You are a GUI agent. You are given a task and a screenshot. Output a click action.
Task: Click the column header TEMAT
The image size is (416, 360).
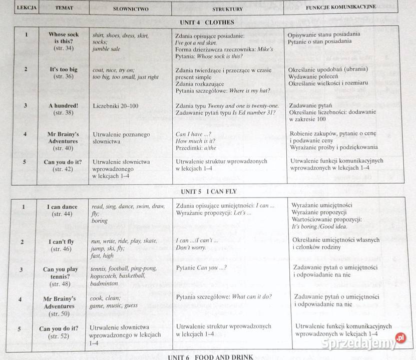[x=64, y=8]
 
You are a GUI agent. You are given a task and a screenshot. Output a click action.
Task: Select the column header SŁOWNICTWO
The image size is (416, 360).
[x=130, y=9]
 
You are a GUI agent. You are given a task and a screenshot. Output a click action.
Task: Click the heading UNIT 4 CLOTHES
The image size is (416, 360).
[x=207, y=22]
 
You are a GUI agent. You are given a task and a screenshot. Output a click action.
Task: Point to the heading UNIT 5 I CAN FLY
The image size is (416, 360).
[x=209, y=191]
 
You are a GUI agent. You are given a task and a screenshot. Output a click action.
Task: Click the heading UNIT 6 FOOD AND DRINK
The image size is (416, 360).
[x=210, y=356]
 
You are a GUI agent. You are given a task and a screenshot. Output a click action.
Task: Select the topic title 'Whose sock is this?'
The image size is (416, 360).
[x=64, y=38]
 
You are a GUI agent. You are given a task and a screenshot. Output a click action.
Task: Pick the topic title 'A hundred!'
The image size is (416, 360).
[x=64, y=106]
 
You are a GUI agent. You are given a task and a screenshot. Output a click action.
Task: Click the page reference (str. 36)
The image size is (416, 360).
[x=64, y=76]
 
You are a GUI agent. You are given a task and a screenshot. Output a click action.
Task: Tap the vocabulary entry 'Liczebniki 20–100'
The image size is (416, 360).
[x=116, y=106]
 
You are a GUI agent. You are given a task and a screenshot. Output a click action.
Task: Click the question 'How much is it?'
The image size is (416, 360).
[x=195, y=141]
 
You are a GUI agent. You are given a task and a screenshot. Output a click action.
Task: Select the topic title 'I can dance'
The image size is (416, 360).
[x=63, y=206]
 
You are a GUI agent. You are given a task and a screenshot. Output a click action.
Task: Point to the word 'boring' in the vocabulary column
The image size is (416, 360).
[x=100, y=220]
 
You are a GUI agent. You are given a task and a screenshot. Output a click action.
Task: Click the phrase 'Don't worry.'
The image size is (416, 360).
[x=191, y=247]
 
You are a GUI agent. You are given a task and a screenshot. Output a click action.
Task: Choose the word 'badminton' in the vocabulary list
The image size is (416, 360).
[x=104, y=283]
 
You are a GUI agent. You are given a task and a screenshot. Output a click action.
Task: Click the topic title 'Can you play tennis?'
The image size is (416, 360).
[x=60, y=273]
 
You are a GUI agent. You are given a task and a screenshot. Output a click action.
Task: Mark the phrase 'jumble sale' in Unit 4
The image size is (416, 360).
[x=106, y=49]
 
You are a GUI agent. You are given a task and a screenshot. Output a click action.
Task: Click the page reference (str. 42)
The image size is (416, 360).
[x=63, y=169]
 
